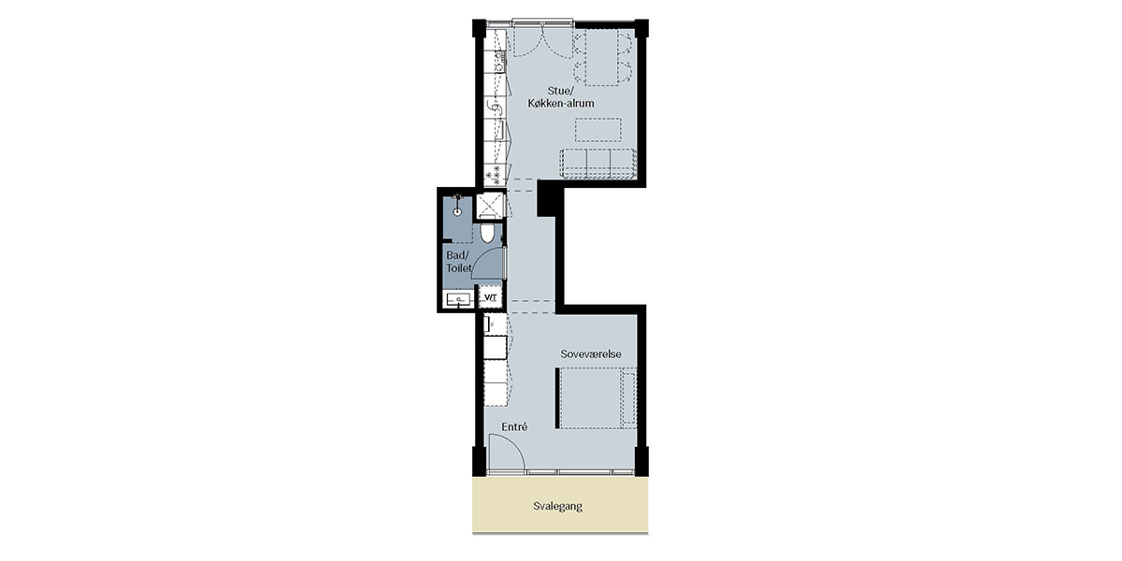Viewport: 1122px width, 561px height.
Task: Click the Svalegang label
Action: pyautogui.click(x=557, y=507)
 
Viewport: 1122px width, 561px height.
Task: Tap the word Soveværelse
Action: pyautogui.click(x=591, y=354)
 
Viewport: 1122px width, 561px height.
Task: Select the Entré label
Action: pyautogui.click(x=514, y=426)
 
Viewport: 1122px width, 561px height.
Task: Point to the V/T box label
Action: pyautogui.click(x=490, y=297)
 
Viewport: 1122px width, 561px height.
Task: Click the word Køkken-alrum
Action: pyautogui.click(x=561, y=103)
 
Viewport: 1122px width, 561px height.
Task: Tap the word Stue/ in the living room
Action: pyautogui.click(x=559, y=91)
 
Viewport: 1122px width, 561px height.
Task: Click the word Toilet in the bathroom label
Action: pyautogui.click(x=459, y=268)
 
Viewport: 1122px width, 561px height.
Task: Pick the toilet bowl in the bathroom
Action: pyautogui.click(x=487, y=234)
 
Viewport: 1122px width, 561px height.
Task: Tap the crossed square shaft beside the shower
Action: pyautogui.click(x=489, y=206)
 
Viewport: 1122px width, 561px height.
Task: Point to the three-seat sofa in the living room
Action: pyautogui.click(x=598, y=164)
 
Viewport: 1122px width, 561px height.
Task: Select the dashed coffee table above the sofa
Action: pyautogui.click(x=598, y=130)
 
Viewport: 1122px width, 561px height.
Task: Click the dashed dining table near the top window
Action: pyautogui.click(x=602, y=57)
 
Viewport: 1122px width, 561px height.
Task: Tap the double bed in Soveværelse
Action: pyautogui.click(x=597, y=397)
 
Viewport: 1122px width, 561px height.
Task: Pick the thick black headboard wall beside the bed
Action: pyautogui.click(x=557, y=398)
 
